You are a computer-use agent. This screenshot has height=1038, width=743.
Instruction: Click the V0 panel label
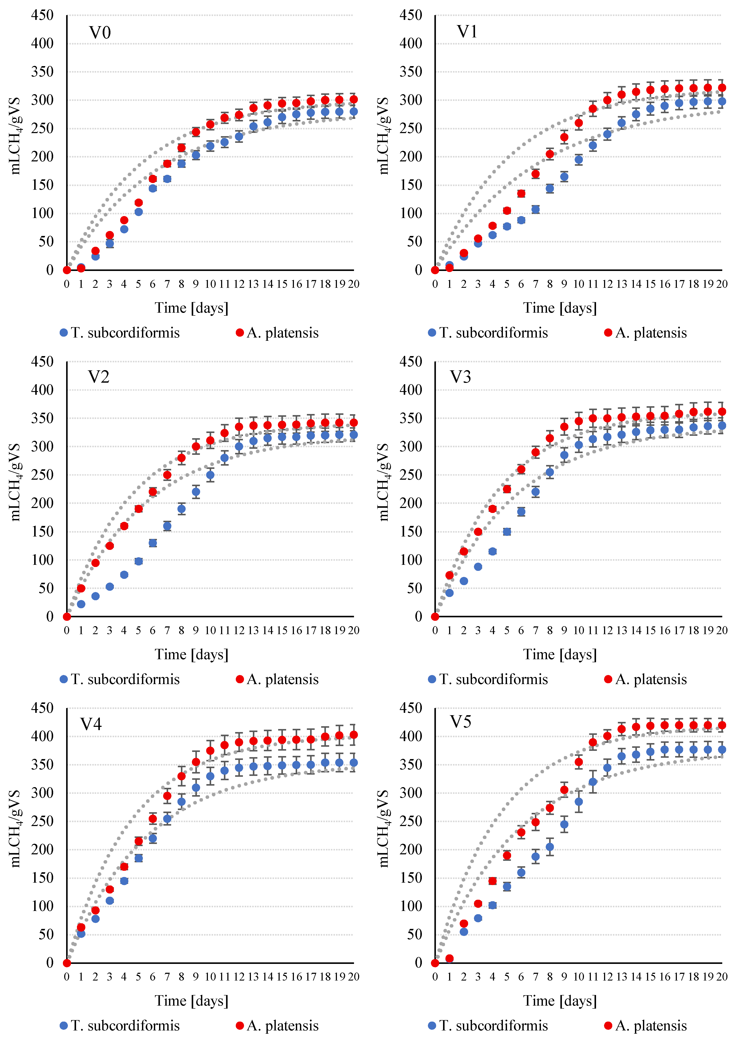pos(100,33)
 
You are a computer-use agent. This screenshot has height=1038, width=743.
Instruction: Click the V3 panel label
pos(460,377)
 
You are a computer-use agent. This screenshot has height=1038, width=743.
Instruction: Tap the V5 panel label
pos(460,722)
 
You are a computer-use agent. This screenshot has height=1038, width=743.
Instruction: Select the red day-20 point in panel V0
pos(354,99)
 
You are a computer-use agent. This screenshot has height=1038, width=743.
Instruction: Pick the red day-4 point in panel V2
pos(124,526)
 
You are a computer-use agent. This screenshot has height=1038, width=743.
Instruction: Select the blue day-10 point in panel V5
pos(579,801)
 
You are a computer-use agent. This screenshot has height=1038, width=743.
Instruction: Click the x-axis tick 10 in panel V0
pos(210,284)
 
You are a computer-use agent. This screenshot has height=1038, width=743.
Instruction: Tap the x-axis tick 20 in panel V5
pos(722,977)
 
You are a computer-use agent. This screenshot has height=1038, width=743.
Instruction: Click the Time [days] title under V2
pos(191,654)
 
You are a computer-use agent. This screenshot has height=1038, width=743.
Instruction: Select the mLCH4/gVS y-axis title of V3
pos(383,482)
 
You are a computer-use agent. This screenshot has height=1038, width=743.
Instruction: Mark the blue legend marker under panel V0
pos(64,333)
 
